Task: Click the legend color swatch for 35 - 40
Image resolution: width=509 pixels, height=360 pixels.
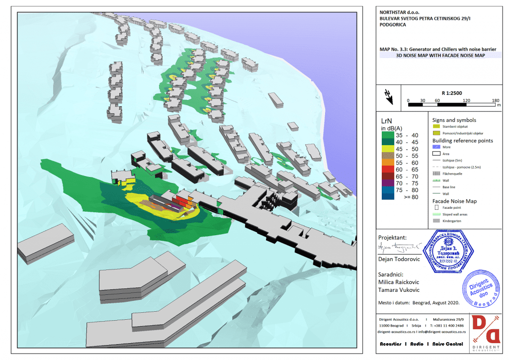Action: tap(389, 134)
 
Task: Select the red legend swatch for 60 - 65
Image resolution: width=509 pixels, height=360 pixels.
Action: tap(389, 170)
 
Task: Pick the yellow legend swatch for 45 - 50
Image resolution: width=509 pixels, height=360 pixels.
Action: tap(389, 148)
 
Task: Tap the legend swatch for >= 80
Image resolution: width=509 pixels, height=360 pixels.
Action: tap(389, 197)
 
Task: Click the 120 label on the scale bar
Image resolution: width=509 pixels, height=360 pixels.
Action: tap(466, 100)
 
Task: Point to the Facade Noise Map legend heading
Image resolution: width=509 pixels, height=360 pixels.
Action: tap(455, 201)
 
